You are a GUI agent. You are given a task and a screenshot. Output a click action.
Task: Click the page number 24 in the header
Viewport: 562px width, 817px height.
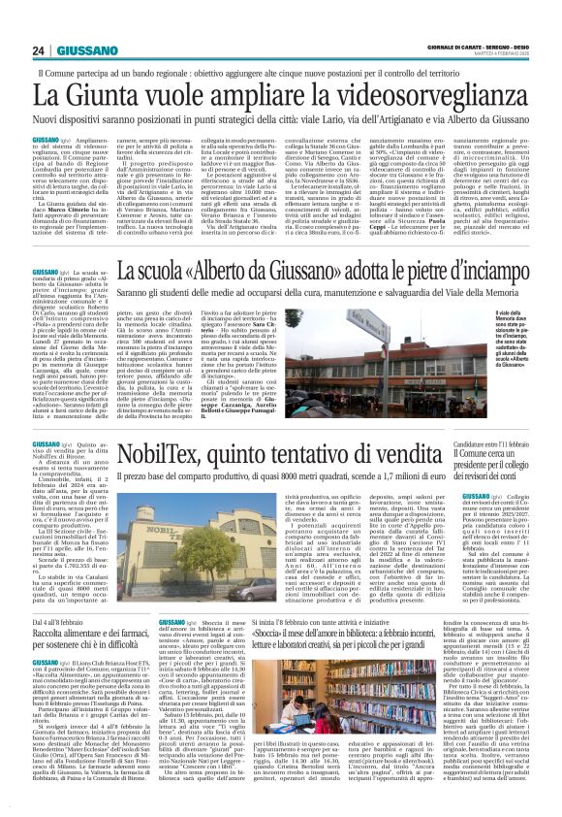tap(38, 49)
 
